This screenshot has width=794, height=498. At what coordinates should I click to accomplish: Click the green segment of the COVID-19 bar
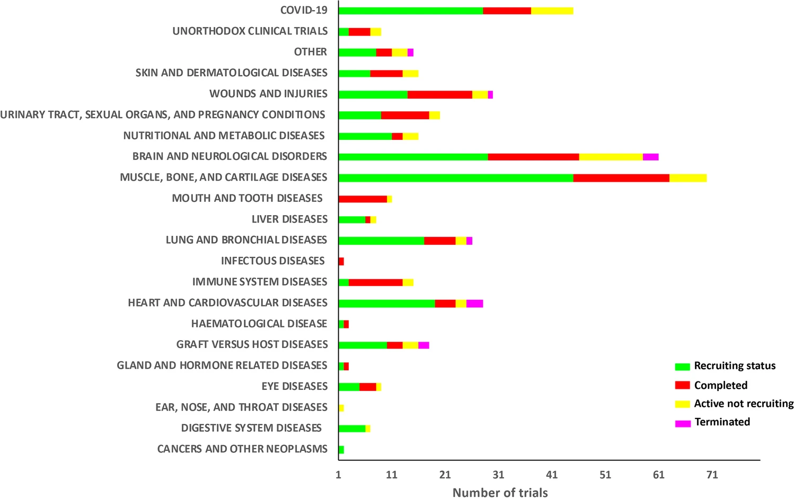(x=410, y=11)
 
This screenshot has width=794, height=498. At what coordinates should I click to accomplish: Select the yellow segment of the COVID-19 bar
(x=552, y=11)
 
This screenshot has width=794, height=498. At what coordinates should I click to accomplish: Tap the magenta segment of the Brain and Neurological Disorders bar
(x=650, y=157)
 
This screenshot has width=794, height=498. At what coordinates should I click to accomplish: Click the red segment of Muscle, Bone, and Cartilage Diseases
(x=621, y=177)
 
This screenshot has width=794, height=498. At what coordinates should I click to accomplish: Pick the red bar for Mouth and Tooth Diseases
(x=363, y=199)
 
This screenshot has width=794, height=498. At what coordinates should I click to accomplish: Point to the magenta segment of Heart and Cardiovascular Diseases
(x=474, y=303)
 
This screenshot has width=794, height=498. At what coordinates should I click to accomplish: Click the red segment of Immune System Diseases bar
(x=375, y=282)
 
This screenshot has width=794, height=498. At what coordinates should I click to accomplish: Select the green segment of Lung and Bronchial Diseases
(x=381, y=241)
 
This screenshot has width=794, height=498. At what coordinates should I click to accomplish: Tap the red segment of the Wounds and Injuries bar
(x=439, y=94)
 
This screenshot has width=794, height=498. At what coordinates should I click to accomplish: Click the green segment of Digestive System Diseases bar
(x=352, y=428)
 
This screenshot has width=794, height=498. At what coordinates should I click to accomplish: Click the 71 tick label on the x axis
(x=712, y=475)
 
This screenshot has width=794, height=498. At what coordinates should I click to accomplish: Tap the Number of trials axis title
(x=500, y=493)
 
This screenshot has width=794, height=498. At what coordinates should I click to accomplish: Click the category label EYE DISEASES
(x=294, y=386)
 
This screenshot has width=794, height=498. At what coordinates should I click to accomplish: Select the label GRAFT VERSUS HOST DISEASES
(x=252, y=344)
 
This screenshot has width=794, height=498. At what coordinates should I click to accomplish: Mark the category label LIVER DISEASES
(x=289, y=219)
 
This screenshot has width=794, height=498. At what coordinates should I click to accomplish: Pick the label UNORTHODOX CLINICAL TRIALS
(x=250, y=31)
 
